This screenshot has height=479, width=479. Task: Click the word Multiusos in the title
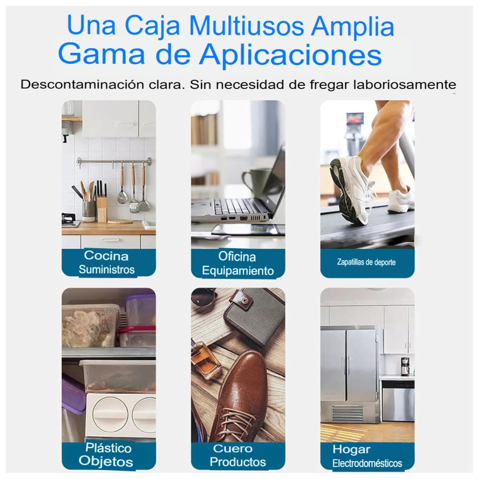[x=246, y=26]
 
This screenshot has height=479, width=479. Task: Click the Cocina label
[x=106, y=255]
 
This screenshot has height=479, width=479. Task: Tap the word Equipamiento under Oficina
[x=238, y=271]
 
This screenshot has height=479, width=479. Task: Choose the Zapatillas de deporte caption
[x=366, y=262]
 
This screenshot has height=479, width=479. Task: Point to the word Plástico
[x=108, y=447]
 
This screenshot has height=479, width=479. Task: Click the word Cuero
[x=233, y=448]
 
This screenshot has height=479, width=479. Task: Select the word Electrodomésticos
[x=367, y=463]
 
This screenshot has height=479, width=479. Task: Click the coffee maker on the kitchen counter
[x=405, y=366]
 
